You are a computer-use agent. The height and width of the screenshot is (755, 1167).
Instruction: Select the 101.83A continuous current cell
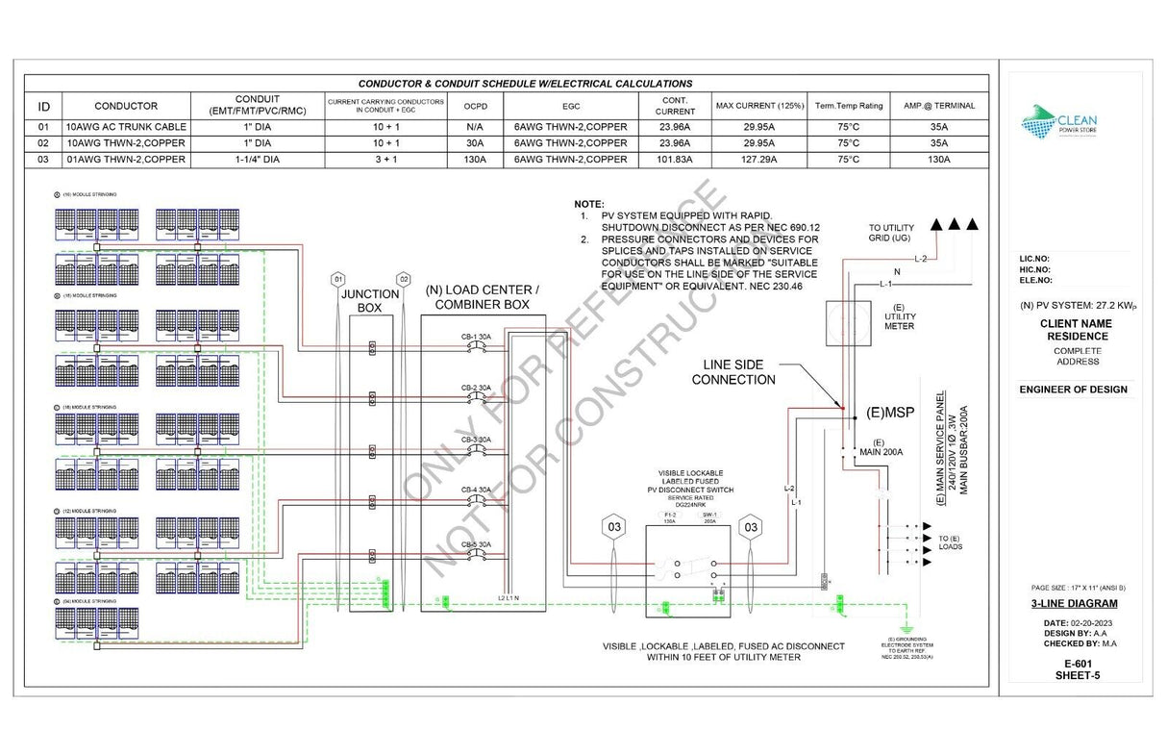coord(674,160)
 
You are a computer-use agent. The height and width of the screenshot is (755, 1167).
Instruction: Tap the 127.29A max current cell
coord(758,160)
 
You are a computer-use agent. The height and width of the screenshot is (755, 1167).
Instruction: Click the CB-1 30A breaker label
coord(475,336)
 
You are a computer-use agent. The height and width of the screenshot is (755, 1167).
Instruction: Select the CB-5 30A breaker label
coord(475,544)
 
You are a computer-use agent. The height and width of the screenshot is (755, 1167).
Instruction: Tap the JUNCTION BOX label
coord(370,301)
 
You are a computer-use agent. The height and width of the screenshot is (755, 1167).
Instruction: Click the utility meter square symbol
coord(848,322)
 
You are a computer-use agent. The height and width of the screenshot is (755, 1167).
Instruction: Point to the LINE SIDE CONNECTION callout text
coord(738,372)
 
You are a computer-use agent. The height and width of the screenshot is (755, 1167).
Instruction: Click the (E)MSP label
coord(889,413)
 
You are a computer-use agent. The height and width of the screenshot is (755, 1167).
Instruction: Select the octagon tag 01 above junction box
coord(337,279)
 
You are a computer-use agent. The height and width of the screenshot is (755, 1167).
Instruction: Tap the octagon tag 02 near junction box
coord(404,279)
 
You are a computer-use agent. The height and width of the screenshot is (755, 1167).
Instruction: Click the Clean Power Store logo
coord(1058,122)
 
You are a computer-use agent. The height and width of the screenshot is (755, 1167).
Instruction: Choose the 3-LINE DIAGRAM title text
coord(1073,604)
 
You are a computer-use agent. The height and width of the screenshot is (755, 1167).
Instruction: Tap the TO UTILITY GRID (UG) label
coord(891,232)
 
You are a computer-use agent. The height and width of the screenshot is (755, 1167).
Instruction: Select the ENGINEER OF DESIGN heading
coord(1073,390)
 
